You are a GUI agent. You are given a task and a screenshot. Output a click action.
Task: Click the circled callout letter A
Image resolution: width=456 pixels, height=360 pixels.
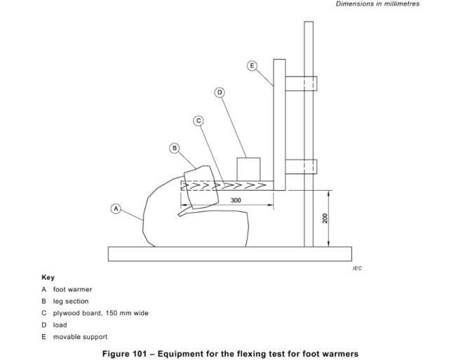pyautogui.click(x=116, y=209)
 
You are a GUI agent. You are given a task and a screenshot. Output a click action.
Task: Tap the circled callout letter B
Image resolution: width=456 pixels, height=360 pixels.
pyautogui.click(x=174, y=148)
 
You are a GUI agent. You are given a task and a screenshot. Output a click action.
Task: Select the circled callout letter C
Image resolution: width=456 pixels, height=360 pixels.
pyautogui.click(x=199, y=121)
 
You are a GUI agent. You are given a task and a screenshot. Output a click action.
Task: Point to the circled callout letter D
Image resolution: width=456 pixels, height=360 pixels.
pyautogui.click(x=220, y=93)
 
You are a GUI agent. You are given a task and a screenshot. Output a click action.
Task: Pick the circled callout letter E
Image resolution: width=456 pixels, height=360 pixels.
pyautogui.click(x=252, y=66)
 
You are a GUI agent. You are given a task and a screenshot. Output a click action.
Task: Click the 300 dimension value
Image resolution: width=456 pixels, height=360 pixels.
pyautogui.click(x=236, y=201)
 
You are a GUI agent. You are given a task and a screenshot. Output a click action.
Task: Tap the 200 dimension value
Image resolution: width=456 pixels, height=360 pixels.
pyautogui.click(x=325, y=218)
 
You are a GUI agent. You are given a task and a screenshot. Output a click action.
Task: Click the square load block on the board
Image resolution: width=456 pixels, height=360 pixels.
pyautogui.click(x=248, y=169)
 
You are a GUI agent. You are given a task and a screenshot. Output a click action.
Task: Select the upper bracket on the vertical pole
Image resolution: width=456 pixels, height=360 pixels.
pyautogui.click(x=301, y=84)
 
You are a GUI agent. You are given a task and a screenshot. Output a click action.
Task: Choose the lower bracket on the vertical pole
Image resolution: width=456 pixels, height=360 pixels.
pyautogui.click(x=301, y=166)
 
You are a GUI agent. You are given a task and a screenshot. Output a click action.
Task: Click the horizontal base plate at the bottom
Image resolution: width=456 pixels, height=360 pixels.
pyautogui.click(x=229, y=254)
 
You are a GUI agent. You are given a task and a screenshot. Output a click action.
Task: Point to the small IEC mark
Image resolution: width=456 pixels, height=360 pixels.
pyautogui.click(x=357, y=268)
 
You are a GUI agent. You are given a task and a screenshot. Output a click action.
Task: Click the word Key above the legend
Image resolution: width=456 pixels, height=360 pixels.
pyautogui.click(x=48, y=277)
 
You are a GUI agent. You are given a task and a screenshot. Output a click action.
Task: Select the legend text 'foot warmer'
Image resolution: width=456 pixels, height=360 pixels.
pyautogui.click(x=72, y=289)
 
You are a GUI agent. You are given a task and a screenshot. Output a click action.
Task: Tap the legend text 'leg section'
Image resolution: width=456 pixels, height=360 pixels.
pyautogui.click(x=71, y=301)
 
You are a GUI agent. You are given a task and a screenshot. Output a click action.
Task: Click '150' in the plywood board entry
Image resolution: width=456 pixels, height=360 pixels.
pyautogui.click(x=111, y=313)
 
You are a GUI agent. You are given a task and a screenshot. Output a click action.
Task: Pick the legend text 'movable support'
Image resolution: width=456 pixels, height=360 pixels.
pyautogui.click(x=80, y=337)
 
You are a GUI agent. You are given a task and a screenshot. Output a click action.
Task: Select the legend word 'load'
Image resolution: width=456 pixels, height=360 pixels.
pyautogui.click(x=60, y=325)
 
